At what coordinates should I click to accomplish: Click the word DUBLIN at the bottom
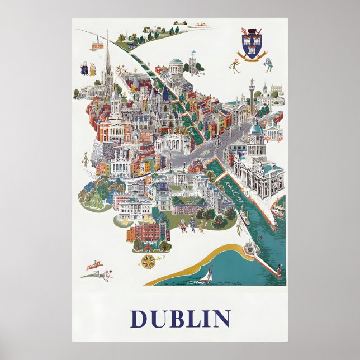(179, 319)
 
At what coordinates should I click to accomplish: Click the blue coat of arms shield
(250, 45)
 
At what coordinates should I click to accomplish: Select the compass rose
(148, 260)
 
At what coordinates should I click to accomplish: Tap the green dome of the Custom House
(256, 129)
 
